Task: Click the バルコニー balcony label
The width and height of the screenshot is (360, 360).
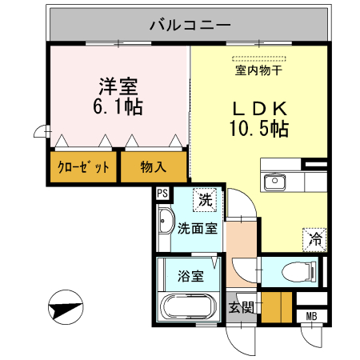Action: (x=190, y=24)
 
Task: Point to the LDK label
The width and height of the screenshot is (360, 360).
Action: (x=258, y=110)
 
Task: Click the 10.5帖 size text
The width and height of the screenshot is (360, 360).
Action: (x=258, y=129)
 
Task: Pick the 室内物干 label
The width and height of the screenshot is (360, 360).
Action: (x=258, y=70)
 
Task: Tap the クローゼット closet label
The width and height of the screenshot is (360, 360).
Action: (x=83, y=168)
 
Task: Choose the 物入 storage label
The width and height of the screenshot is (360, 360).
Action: (x=153, y=168)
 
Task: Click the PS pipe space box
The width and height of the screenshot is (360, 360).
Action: (x=162, y=193)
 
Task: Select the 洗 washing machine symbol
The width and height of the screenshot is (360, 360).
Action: (x=206, y=200)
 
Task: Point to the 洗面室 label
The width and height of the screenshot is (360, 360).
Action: (x=197, y=228)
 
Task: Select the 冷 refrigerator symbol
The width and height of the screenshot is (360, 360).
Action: (x=316, y=238)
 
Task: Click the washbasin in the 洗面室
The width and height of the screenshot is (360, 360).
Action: (x=167, y=222)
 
